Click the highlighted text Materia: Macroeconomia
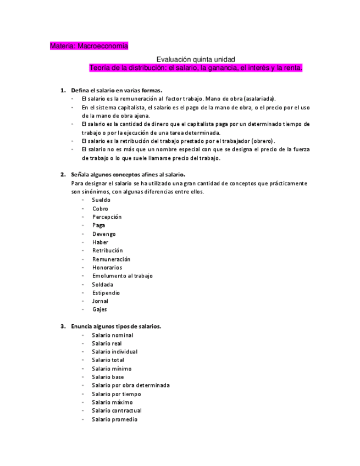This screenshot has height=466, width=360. pyautogui.click(x=88, y=46)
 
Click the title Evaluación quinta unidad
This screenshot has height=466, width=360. pyautogui.click(x=196, y=59)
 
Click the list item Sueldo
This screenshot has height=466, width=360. pyautogui.click(x=101, y=200)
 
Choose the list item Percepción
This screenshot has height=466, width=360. pyautogui.click(x=107, y=217)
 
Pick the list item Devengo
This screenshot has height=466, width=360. pyautogui.click(x=104, y=234)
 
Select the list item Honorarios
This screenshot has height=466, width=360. pyautogui.click(x=107, y=268)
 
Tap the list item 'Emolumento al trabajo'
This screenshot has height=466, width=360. pyautogui.click(x=122, y=276)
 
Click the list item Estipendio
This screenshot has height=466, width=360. pyautogui.click(x=106, y=293)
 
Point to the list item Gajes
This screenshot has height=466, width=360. pyautogui.click(x=99, y=309)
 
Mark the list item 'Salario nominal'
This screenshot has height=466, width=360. pyautogui.click(x=113, y=335)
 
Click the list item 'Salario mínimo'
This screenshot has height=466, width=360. pyautogui.click(x=112, y=369)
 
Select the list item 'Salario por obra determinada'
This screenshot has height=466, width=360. pyautogui.click(x=131, y=385)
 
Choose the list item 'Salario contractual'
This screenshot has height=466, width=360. pyautogui.click(x=117, y=410)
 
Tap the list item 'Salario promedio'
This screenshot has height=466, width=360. pyautogui.click(x=114, y=419)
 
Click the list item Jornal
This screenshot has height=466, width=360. pyautogui.click(x=100, y=301)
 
